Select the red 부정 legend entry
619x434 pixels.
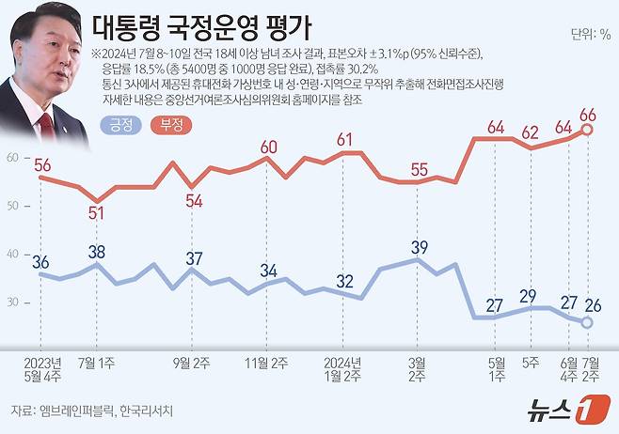pos(171,122)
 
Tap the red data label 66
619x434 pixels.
pos(588,115)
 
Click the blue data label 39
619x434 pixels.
pos(419,247)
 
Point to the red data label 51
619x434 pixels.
pos(96,213)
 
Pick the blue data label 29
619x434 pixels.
pos(528,296)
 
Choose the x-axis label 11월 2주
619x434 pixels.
pos(268,362)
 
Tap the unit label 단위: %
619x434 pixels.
pos(590,35)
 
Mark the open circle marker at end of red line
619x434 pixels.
pos(588,131)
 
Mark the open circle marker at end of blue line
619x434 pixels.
pos(588,322)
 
